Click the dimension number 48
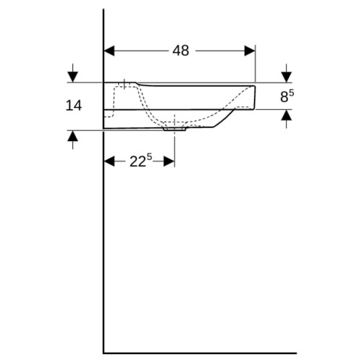click(181, 51)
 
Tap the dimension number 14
click(74, 106)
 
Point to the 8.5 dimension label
click(287, 96)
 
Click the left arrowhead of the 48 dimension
click(109, 51)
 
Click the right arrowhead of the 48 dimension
click(250, 51)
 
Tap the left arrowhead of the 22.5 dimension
click(109, 161)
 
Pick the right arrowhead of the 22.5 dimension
click(169, 161)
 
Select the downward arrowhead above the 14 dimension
click(72, 77)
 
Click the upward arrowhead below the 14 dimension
click(72, 136)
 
